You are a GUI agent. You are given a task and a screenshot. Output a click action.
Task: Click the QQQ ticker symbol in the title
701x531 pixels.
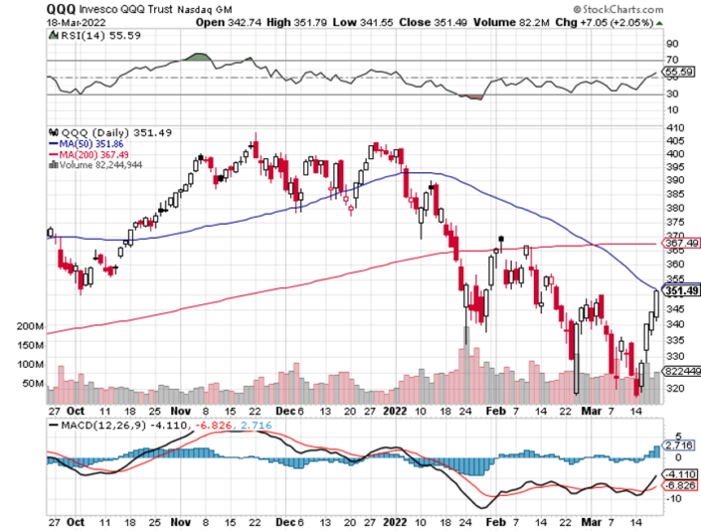tap(61, 8)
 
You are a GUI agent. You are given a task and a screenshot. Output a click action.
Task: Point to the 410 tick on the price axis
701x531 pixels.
tap(674, 129)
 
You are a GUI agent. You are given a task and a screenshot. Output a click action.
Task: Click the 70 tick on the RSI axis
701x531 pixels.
tap(671, 61)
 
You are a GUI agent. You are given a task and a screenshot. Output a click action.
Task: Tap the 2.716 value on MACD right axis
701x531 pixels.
tap(677, 444)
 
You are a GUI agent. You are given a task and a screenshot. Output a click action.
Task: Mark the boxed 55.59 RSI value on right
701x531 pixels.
tap(678, 73)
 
